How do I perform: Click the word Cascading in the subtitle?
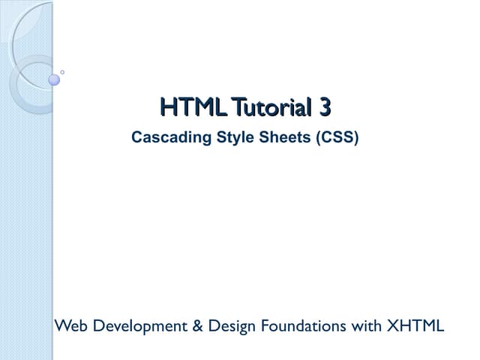[164, 138]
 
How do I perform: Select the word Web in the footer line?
[67, 326]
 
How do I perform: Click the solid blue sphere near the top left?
[54, 79]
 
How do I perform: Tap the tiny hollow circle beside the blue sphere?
[62, 72]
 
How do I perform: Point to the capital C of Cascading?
[136, 138]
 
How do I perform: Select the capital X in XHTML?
[391, 326]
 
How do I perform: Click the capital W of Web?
[60, 326]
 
